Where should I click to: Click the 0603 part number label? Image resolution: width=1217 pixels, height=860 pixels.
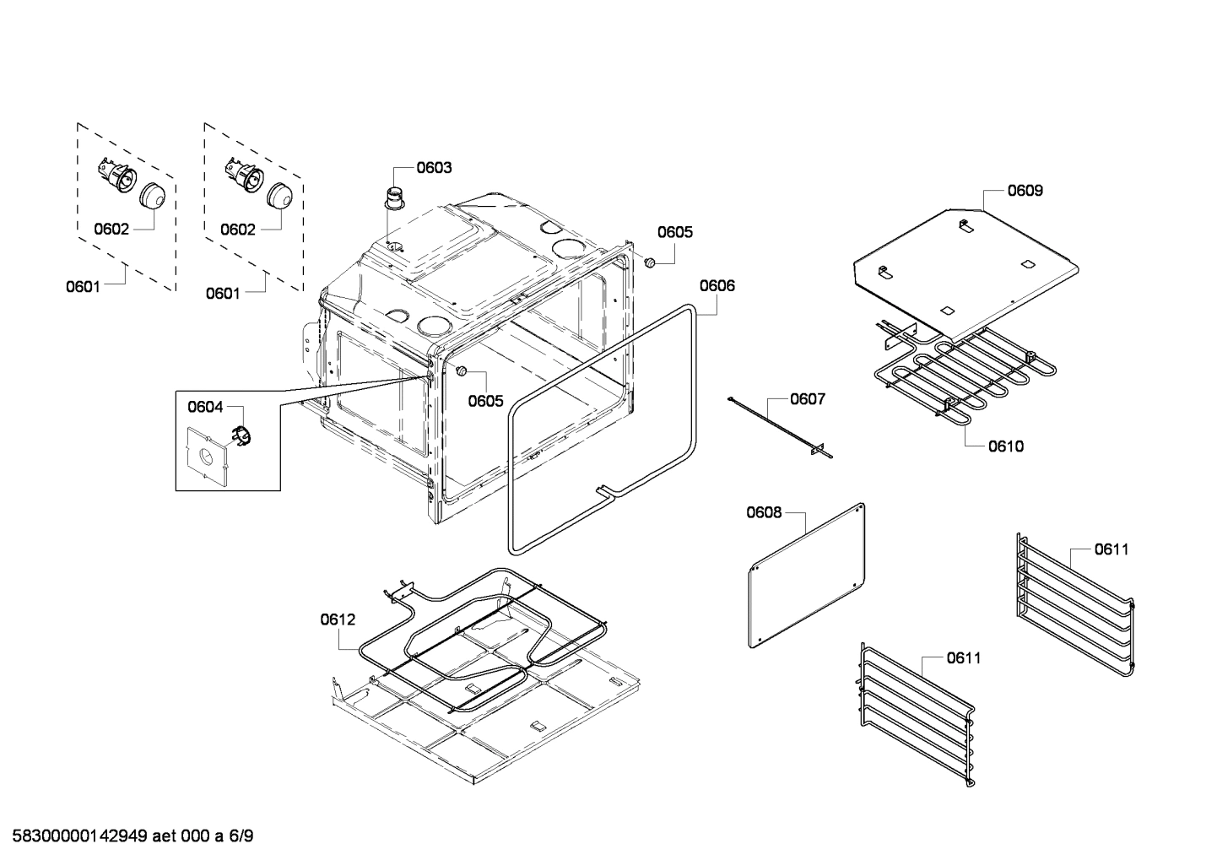(x=434, y=167)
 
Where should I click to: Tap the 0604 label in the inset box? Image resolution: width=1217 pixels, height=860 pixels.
(x=205, y=408)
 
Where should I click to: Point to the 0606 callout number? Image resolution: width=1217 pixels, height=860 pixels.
(x=717, y=285)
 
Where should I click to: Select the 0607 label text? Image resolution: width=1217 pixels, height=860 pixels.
(x=808, y=399)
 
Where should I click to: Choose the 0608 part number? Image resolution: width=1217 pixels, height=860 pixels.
(x=764, y=512)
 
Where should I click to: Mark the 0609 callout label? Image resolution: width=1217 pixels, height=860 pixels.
(x=1025, y=191)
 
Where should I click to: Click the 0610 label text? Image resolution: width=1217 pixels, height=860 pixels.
(x=1006, y=446)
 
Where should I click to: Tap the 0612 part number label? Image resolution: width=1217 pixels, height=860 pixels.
(x=338, y=619)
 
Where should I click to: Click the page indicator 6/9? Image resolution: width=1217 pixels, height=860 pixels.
(x=241, y=837)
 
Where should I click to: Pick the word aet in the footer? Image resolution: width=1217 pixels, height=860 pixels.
(x=165, y=837)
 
